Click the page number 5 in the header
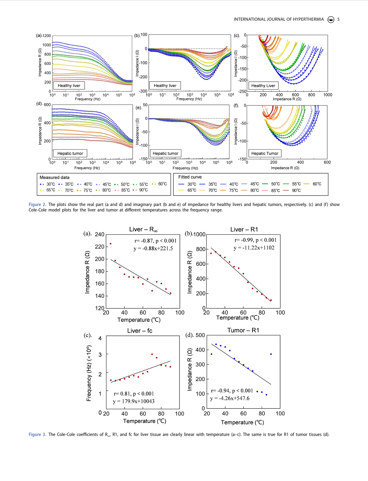click(338, 19)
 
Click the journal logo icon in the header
click(331, 20)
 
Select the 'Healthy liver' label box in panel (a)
click(69, 85)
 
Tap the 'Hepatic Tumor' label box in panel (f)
click(264, 153)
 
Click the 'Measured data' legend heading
click(54, 177)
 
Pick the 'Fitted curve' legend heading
click(190, 177)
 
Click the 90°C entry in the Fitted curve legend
click(292, 190)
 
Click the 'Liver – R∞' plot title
click(143, 230)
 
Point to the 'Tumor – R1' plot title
click(243, 330)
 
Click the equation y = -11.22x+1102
click(254, 248)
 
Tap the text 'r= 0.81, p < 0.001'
click(134, 394)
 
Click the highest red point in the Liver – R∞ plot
click(110, 243)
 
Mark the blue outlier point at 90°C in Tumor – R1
click(271, 354)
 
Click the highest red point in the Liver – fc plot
click(152, 354)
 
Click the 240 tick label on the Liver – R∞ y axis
click(100, 234)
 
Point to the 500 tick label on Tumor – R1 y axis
click(200, 335)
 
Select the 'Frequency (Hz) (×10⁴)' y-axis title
click(89, 373)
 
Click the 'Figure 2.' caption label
click(37, 205)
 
